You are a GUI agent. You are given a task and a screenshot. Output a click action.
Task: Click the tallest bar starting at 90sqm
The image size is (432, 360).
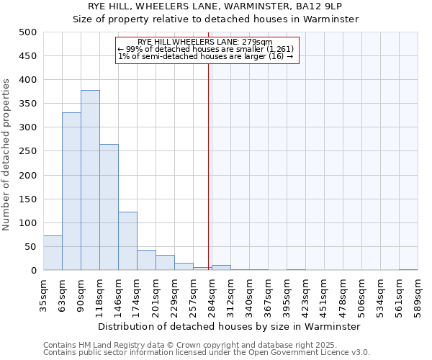[90, 180]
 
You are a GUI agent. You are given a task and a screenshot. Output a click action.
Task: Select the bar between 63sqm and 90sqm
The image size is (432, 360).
[71, 192]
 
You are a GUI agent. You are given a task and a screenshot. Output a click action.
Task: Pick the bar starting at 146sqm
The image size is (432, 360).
[127, 241]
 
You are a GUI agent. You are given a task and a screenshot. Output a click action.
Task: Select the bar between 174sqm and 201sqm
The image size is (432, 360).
[146, 260]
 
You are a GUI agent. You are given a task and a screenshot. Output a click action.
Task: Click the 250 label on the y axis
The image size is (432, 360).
[27, 151]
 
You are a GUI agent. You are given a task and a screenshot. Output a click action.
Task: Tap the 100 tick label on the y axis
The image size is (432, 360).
[27, 223]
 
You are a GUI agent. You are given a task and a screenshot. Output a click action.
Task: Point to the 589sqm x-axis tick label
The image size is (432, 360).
[418, 294]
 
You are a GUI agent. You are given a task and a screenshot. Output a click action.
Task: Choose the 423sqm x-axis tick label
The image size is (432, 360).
[305, 294]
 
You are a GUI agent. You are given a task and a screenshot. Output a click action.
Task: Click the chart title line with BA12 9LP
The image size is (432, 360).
[215, 6]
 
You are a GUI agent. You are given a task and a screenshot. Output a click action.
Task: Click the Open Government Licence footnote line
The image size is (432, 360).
[207, 353]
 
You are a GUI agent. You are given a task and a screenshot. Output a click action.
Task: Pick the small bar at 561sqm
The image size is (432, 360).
[408, 269]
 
